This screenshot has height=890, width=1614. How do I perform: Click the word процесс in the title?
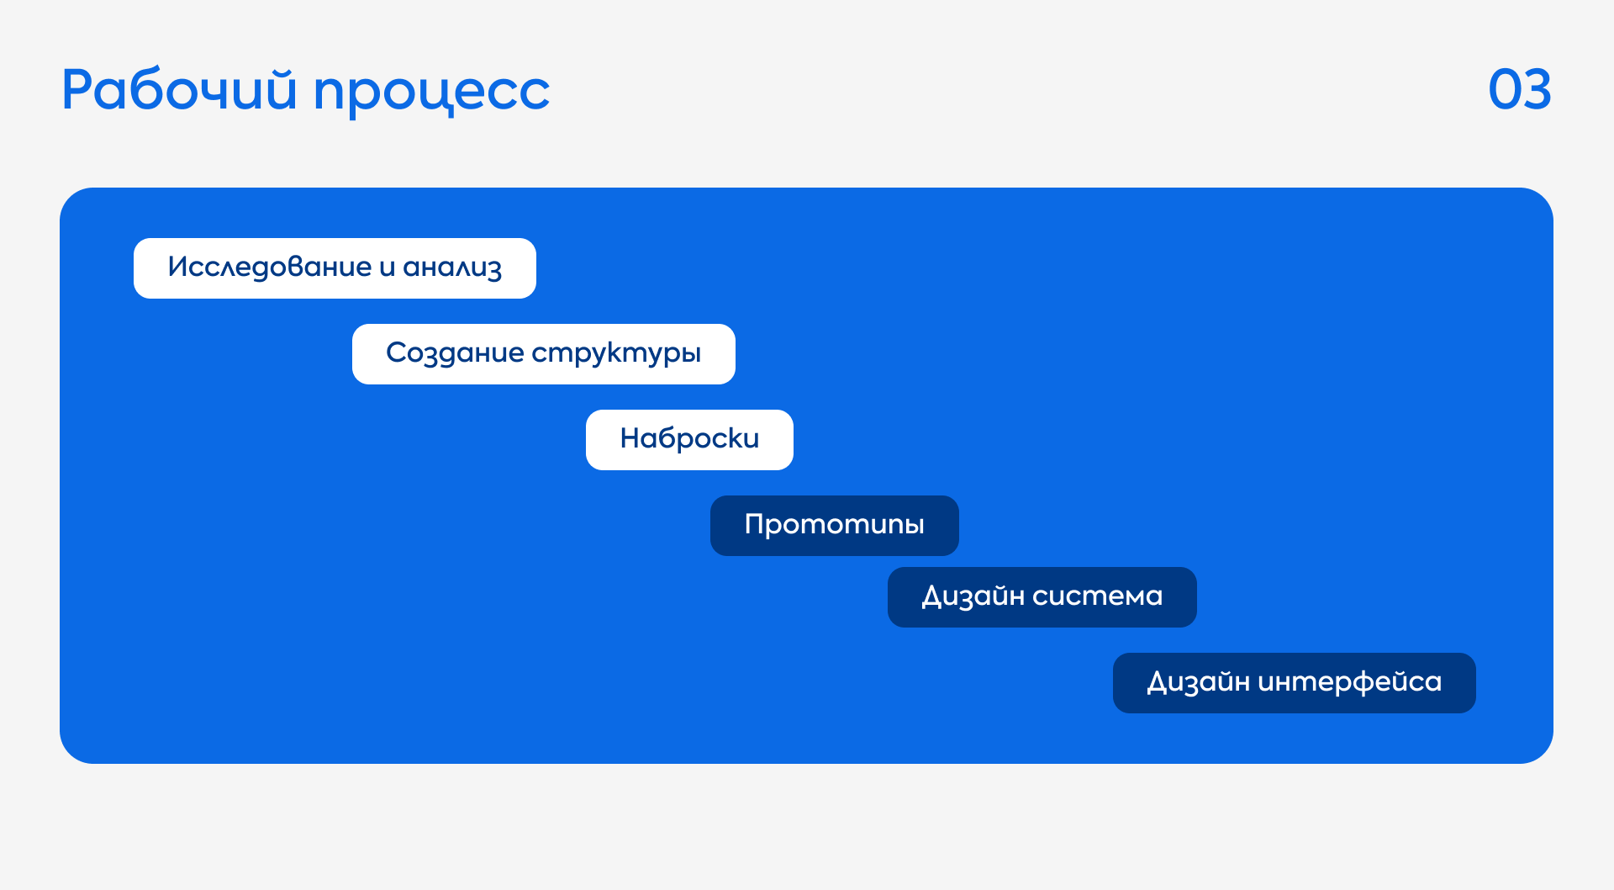tap(431, 93)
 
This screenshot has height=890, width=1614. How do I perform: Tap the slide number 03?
tap(1520, 90)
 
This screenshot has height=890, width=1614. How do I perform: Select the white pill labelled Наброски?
tap(689, 440)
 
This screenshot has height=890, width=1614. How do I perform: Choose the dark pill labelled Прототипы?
tap(835, 526)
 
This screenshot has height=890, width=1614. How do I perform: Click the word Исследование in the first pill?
tap(270, 267)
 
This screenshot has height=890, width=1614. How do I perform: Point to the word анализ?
tap(452, 268)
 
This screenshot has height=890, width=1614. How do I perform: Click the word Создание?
tap(455, 353)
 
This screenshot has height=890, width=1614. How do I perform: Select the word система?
tap(1097, 596)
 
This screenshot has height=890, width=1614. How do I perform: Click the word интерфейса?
tap(1349, 682)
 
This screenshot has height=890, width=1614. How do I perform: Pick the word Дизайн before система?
tap(973, 596)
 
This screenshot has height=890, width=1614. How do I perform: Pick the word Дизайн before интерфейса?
tap(1199, 681)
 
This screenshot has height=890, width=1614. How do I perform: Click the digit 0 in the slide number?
tap(1505, 90)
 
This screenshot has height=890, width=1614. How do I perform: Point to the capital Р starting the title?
tap(76, 89)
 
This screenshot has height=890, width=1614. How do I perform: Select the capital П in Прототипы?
tap(755, 524)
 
